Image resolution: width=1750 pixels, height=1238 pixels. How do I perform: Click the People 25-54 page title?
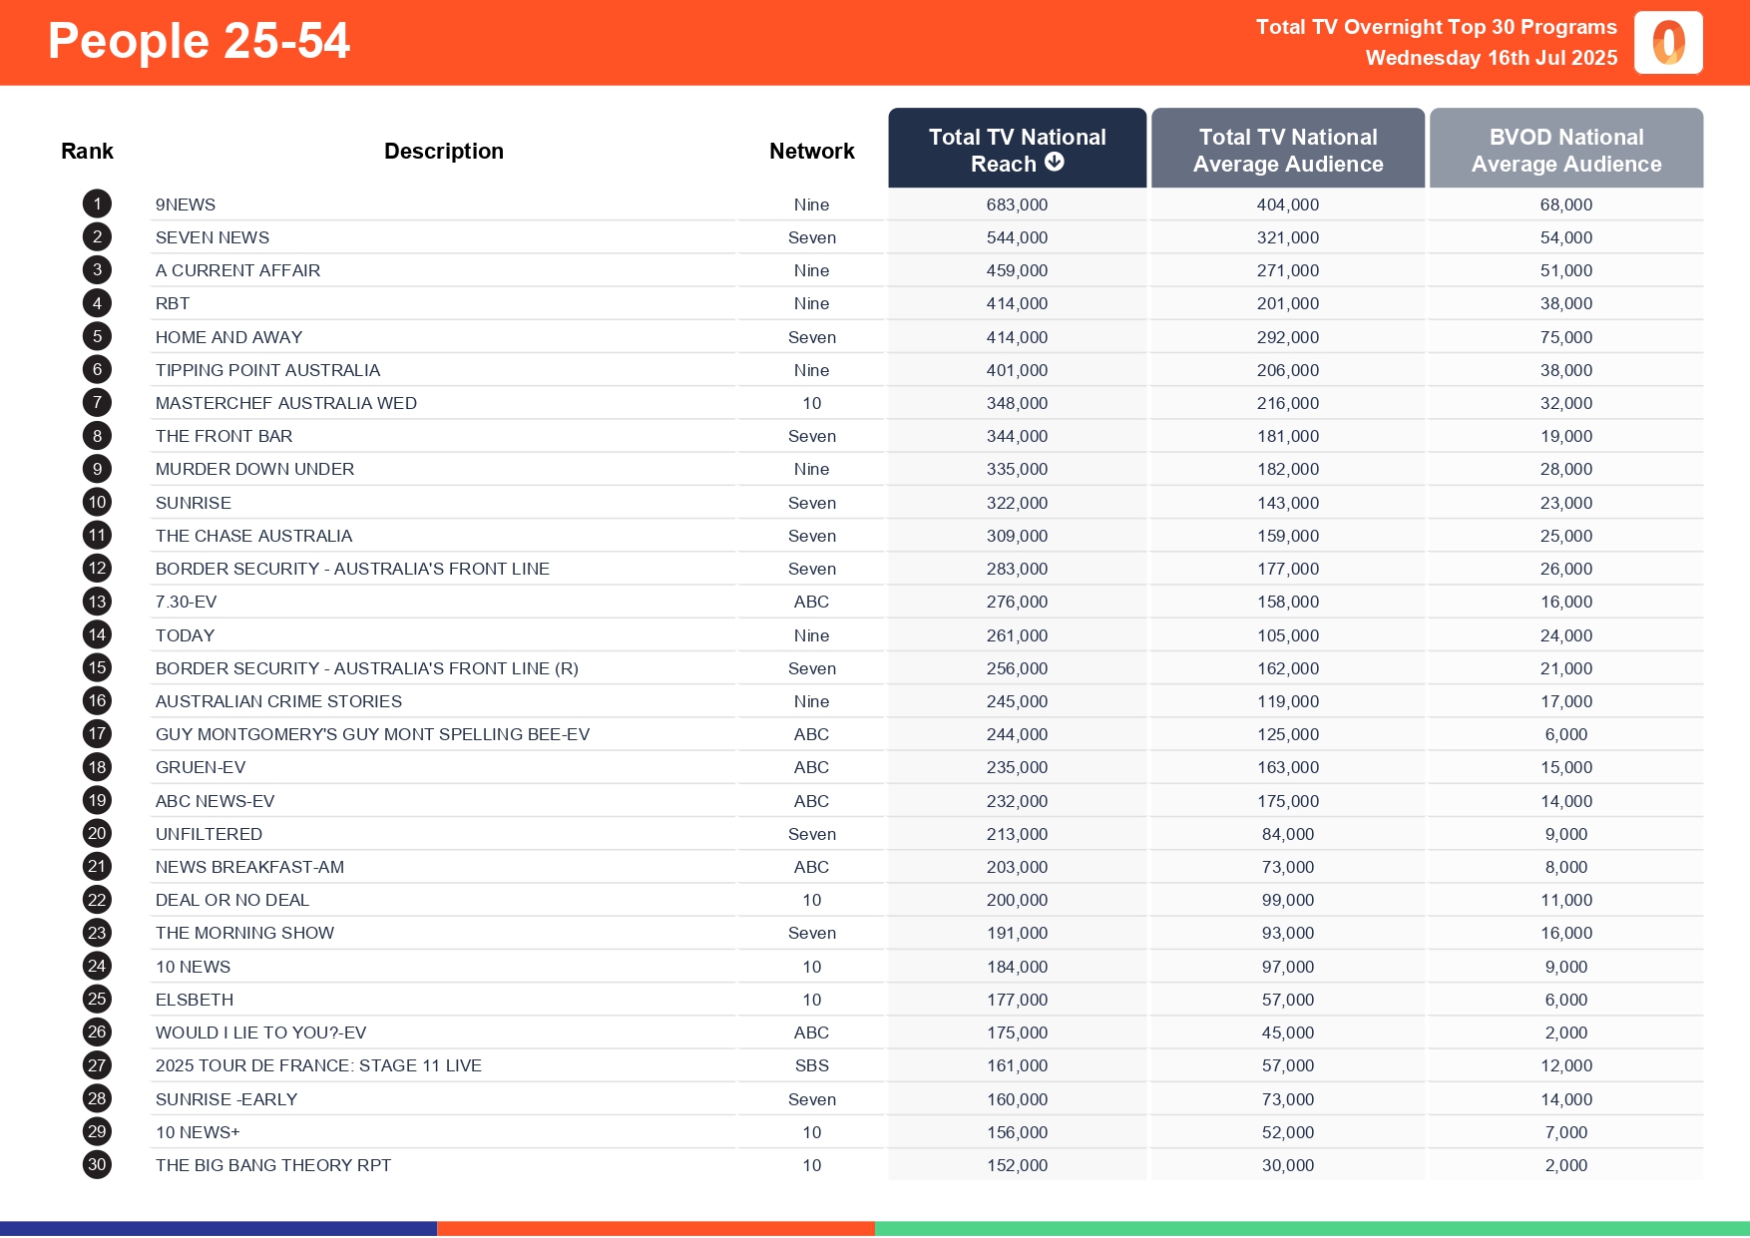pyautogui.click(x=199, y=42)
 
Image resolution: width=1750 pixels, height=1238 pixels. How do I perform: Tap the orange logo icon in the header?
pyautogui.click(x=1668, y=43)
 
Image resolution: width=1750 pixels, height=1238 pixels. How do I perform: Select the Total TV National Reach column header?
pyautogui.click(x=1017, y=150)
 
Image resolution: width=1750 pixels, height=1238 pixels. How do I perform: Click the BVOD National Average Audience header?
pyautogui.click(x=1565, y=150)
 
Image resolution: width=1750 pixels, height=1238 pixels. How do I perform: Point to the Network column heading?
pyautogui.click(x=811, y=151)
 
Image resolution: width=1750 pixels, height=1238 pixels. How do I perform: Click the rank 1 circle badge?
pyautogui.click(x=97, y=205)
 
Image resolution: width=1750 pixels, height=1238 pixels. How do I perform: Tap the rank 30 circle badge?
pyautogui.click(x=97, y=1164)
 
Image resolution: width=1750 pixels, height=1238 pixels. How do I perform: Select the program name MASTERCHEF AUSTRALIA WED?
pyautogui.click(x=285, y=403)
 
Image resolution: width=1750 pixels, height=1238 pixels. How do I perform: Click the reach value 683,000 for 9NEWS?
pyautogui.click(x=1017, y=205)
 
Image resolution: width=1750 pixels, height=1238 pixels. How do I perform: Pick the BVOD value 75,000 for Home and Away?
pyautogui.click(x=1565, y=337)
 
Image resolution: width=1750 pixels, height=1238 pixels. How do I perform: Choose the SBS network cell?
pyautogui.click(x=811, y=1065)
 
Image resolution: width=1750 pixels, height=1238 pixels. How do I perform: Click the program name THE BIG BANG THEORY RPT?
pyautogui.click(x=272, y=1165)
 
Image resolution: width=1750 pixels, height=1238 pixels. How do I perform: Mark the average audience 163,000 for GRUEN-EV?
pyautogui.click(x=1287, y=767)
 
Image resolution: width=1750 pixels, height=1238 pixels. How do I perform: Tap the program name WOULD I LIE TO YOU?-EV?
pyautogui.click(x=260, y=1032)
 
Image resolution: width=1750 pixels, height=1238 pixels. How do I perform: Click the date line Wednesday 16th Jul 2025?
pyautogui.click(x=1491, y=58)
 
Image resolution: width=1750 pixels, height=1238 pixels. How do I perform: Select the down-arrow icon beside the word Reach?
pyautogui.click(x=1055, y=162)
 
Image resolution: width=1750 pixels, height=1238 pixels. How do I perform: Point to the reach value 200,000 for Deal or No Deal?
pyautogui.click(x=1017, y=900)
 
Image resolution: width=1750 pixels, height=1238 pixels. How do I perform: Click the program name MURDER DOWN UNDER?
pyautogui.click(x=254, y=469)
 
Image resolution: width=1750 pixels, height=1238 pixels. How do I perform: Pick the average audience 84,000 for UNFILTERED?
pyautogui.click(x=1287, y=834)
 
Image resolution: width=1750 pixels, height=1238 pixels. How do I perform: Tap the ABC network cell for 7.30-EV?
pyautogui.click(x=811, y=602)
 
